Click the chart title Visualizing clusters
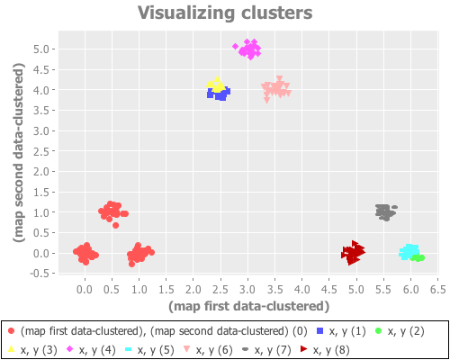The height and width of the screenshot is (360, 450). click(x=225, y=13)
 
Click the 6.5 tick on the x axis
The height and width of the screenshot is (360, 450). click(x=438, y=290)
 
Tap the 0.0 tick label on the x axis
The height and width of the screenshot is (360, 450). click(x=85, y=290)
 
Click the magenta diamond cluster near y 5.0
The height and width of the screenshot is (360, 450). click(x=249, y=49)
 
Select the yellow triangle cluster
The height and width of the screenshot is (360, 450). click(x=215, y=85)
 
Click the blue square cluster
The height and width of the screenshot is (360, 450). click(x=220, y=93)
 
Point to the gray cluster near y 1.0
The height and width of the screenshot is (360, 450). click(x=385, y=211)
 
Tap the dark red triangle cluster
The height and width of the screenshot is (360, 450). click(x=353, y=254)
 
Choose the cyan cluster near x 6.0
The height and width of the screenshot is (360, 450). click(x=409, y=252)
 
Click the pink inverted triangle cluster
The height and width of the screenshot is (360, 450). click(x=276, y=89)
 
